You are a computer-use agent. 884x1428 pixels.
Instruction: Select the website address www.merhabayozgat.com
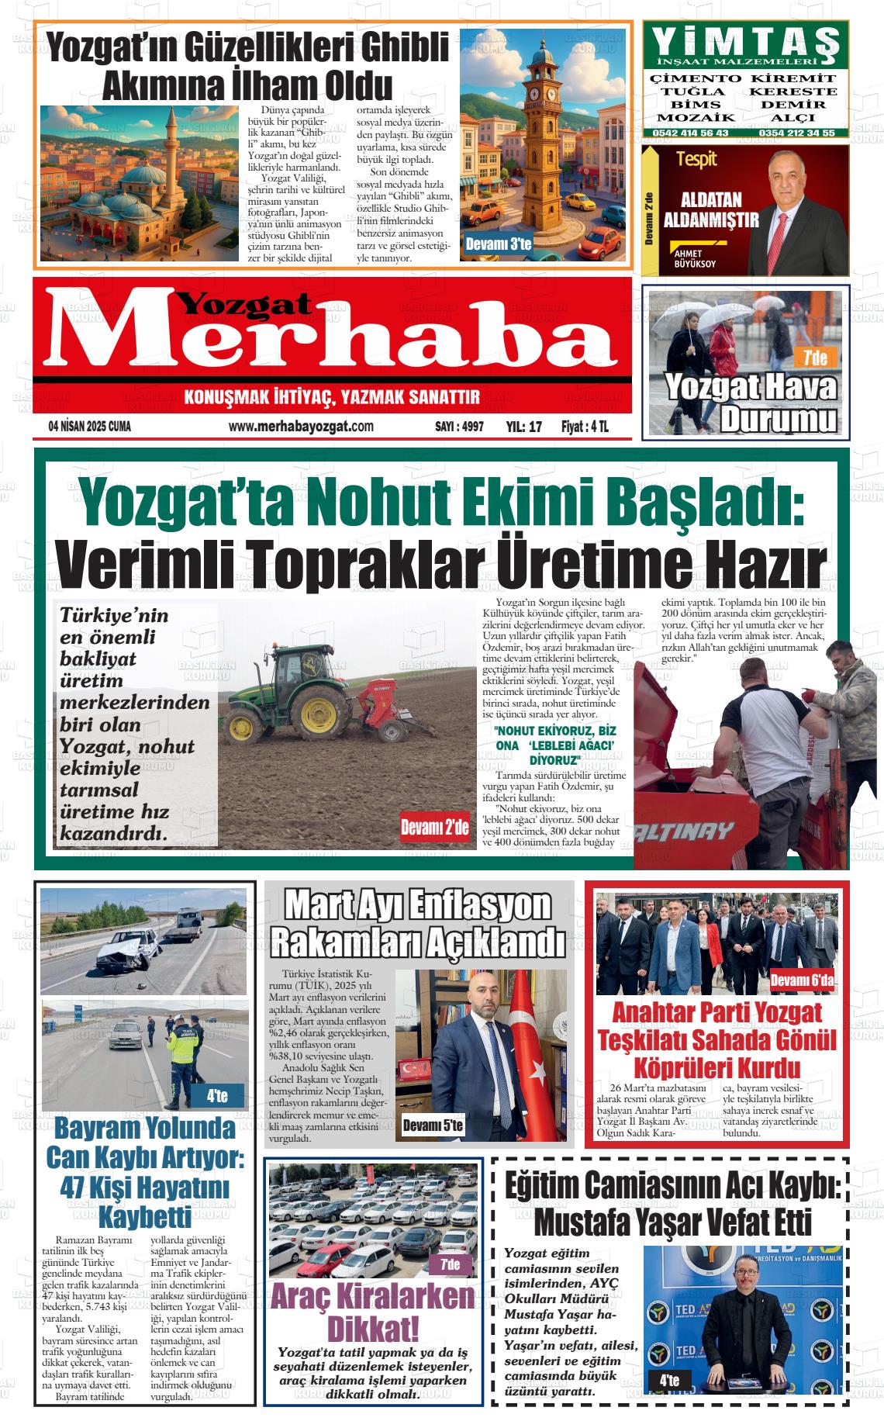[301, 427]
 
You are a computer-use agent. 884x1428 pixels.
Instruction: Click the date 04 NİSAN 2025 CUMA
[89, 427]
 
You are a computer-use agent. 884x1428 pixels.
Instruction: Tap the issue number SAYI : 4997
[459, 427]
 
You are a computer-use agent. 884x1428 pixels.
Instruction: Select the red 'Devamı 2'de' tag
[434, 828]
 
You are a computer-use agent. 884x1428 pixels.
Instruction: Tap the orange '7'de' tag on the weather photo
[815, 358]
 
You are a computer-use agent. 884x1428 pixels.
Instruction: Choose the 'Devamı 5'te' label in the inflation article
[433, 1125]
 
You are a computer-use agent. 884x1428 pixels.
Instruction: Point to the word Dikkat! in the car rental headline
[372, 1329]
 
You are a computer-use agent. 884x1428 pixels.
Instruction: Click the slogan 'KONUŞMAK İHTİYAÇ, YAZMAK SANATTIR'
[332, 398]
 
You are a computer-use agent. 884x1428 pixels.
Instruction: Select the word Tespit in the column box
[696, 160]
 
